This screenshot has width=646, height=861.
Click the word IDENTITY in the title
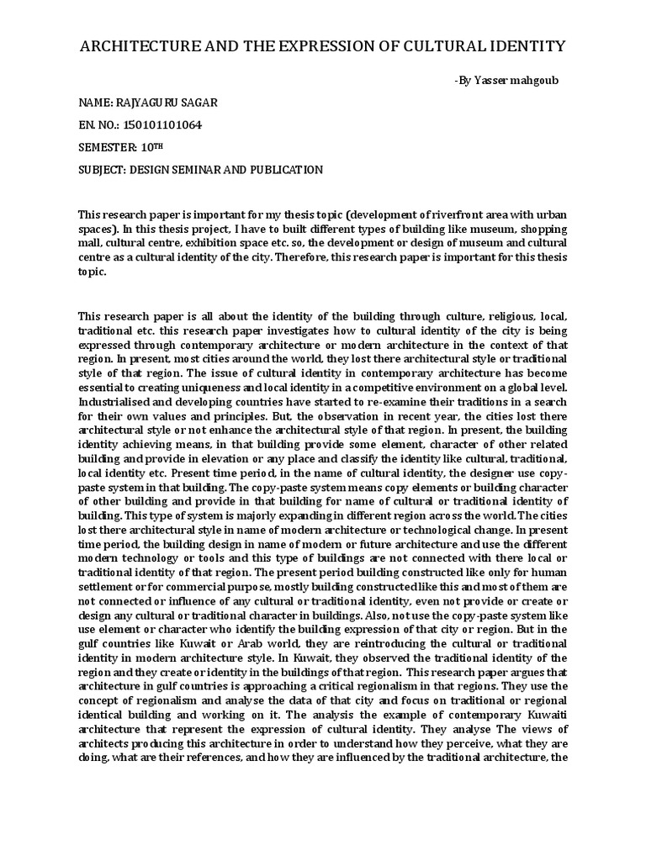[521, 45]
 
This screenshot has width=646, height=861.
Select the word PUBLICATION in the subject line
[283, 170]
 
